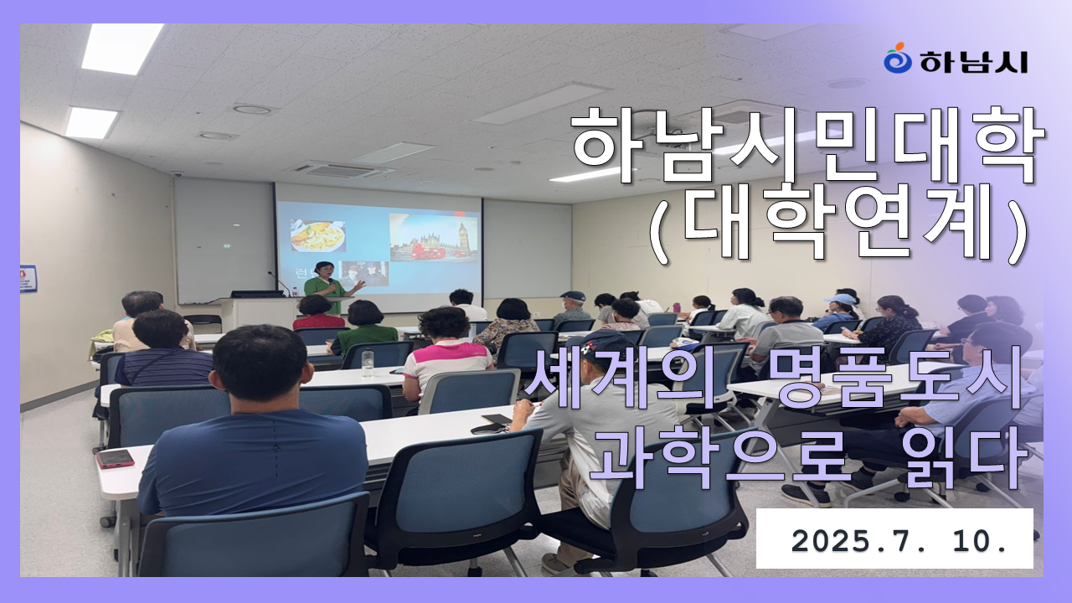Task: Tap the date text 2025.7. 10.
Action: pos(899,541)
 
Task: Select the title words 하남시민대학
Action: pos(808,146)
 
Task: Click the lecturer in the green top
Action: pos(330,287)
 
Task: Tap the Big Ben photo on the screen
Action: pos(434,237)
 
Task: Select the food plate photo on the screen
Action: pos(318,235)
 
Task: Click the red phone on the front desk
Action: pos(116,458)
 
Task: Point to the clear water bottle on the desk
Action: pos(368,363)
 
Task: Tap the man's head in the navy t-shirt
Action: pos(259,364)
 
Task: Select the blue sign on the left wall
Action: pos(28,279)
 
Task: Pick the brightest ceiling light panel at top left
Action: pos(121,48)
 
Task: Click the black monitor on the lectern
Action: pos(257,294)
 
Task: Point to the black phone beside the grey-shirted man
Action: pos(497,420)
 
